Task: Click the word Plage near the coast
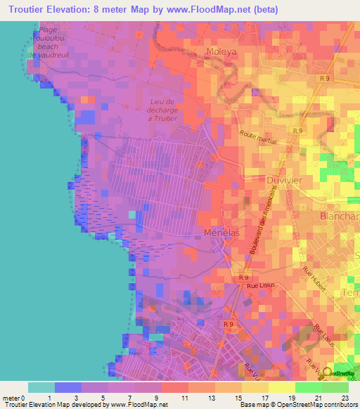click(49, 30)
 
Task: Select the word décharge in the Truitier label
click(165, 110)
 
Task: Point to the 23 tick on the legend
click(345, 397)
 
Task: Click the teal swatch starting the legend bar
click(41, 387)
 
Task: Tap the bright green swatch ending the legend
click(335, 387)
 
